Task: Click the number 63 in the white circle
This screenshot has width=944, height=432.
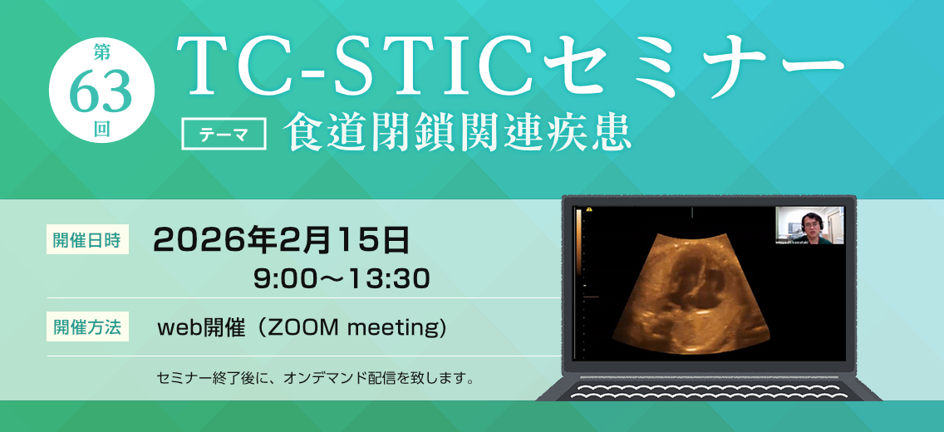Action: tap(101, 91)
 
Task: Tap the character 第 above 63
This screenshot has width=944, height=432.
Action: tap(101, 53)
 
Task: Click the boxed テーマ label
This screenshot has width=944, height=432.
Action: tap(224, 135)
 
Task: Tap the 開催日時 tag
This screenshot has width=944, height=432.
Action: tap(87, 239)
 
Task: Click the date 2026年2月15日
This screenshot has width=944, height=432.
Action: tap(282, 241)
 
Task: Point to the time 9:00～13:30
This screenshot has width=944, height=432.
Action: tap(342, 279)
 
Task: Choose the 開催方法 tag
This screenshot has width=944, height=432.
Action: tap(87, 326)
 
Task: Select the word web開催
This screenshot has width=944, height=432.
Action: tap(202, 328)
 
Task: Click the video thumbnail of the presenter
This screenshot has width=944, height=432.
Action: tap(809, 225)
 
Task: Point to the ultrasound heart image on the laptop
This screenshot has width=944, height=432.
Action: tap(691, 291)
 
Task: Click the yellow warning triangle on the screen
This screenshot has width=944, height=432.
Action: tap(590, 210)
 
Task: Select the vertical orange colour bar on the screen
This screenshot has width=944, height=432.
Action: tap(579, 241)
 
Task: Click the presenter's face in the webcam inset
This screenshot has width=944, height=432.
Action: tap(809, 223)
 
